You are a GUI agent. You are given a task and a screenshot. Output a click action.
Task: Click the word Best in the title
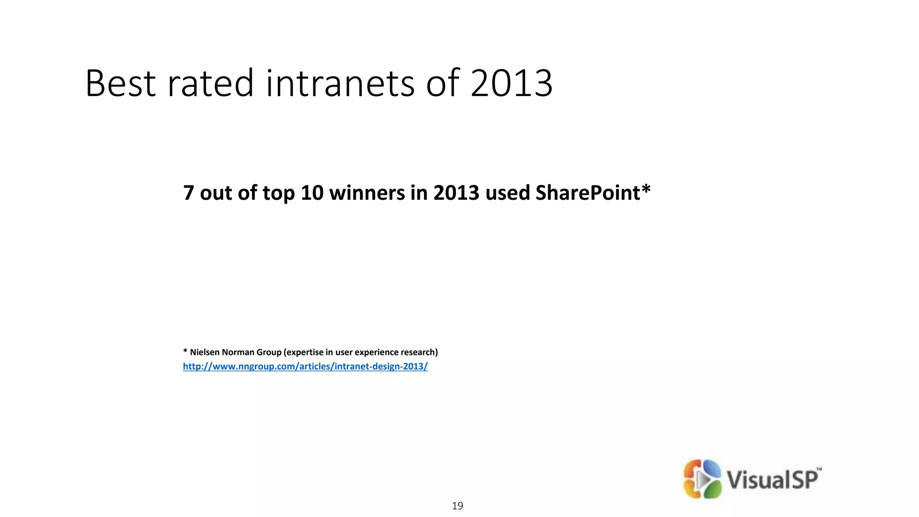point(120,83)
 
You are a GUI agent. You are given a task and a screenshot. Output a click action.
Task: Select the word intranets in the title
point(340,83)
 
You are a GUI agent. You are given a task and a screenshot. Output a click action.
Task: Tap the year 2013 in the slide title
point(511,83)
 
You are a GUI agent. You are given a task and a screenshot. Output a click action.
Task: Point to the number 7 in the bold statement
point(188,193)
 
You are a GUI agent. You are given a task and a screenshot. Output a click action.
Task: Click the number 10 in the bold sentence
point(312,193)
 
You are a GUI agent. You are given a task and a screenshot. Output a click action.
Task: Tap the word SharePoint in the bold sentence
point(587,193)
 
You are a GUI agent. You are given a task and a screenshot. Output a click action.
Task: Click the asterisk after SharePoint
point(646,190)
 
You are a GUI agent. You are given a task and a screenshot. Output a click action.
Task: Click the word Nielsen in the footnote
point(205,352)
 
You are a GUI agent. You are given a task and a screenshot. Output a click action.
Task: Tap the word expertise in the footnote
point(305,352)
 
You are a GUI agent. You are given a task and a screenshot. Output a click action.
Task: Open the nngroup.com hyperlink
point(305,367)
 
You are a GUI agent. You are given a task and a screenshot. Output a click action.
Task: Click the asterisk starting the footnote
point(185,351)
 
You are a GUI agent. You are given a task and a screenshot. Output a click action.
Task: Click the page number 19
point(457,506)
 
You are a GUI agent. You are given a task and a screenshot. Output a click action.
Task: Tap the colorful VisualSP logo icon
point(702,479)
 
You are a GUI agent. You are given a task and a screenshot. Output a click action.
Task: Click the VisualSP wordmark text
point(773,479)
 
